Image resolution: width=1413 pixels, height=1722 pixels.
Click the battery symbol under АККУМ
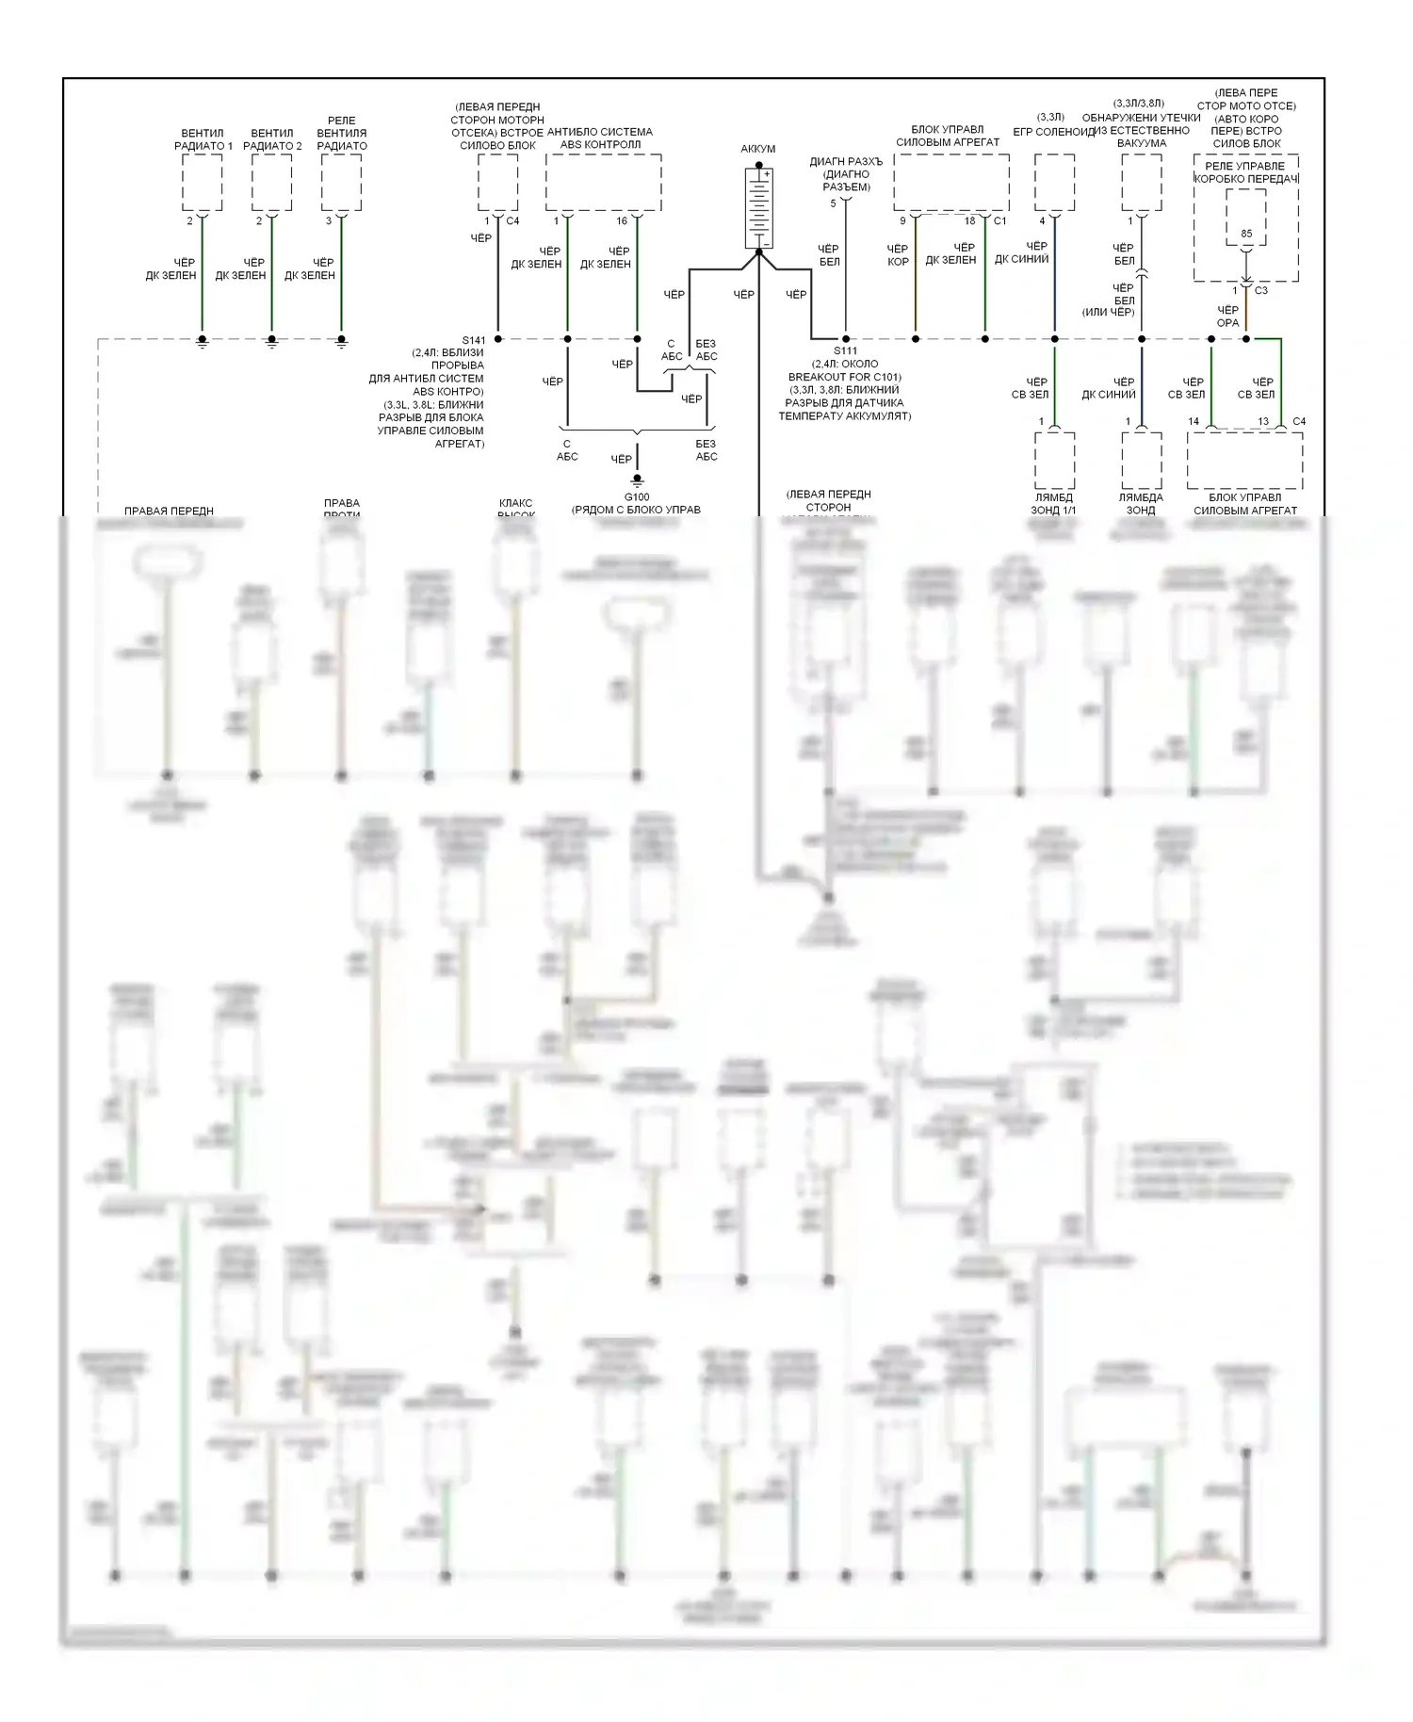(x=758, y=208)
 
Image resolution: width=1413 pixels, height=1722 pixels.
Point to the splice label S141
(x=474, y=340)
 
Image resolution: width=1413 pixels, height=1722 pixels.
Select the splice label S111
(x=845, y=351)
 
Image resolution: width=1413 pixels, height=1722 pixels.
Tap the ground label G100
(x=637, y=497)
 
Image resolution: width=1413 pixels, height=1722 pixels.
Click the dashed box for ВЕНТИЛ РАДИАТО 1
(x=202, y=183)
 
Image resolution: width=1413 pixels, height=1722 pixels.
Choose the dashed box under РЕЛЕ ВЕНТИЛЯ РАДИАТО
(x=341, y=183)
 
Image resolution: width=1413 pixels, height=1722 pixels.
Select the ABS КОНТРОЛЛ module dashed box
(x=603, y=183)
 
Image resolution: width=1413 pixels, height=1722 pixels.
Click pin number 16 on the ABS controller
(x=622, y=221)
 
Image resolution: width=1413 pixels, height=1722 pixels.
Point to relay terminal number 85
(x=1246, y=234)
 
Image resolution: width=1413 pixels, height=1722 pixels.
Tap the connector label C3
(x=1261, y=291)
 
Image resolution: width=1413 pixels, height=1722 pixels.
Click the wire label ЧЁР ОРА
(x=1227, y=317)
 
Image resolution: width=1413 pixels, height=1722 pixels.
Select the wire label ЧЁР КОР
(x=898, y=255)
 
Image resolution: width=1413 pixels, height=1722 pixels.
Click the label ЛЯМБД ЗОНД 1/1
(x=1053, y=504)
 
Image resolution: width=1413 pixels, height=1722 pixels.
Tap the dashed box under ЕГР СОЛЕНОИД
(x=1054, y=183)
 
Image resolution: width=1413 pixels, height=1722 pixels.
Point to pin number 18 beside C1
(x=970, y=221)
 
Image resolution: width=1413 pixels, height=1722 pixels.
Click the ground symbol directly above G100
(x=637, y=479)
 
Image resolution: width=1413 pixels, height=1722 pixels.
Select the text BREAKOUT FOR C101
(x=845, y=377)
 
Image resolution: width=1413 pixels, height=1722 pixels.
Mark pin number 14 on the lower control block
(x=1194, y=422)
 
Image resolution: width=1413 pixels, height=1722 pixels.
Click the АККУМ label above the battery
(x=758, y=149)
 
